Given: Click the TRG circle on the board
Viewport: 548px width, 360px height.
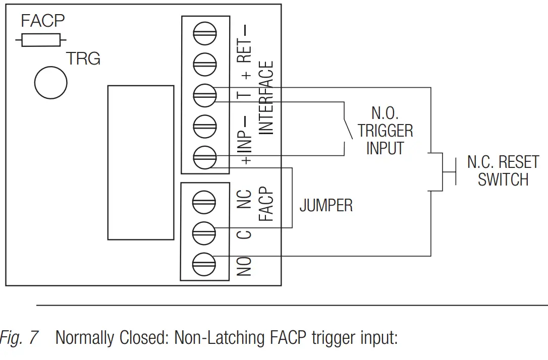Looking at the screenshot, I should point(50,81).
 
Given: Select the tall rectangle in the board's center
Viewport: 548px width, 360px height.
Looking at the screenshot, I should point(140,162).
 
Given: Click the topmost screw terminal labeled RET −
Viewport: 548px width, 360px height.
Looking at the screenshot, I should point(204,35).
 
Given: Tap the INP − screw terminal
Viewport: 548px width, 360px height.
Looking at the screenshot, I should point(204,126).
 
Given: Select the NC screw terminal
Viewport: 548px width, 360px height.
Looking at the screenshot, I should point(204,201).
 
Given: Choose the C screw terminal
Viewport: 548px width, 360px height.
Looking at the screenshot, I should point(204,232).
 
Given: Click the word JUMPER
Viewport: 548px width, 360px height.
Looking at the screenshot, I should point(326,206).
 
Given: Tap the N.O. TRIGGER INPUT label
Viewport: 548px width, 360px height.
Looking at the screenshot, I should point(386,131).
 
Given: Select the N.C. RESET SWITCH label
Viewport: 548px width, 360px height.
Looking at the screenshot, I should point(503,171).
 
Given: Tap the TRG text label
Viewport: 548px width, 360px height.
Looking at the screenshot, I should point(84,59).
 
